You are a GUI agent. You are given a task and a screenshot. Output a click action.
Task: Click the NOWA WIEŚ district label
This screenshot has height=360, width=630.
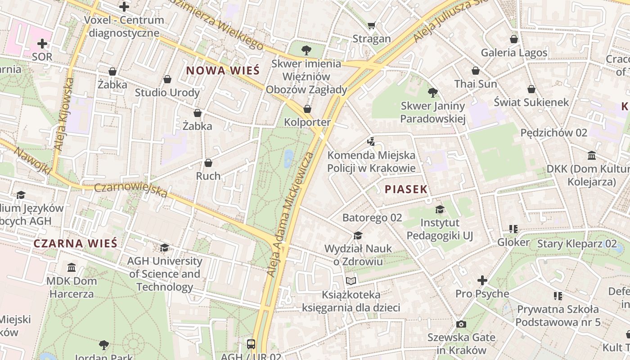coord(223,71)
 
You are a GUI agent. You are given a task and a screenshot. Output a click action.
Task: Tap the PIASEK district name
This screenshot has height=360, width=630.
coord(406,189)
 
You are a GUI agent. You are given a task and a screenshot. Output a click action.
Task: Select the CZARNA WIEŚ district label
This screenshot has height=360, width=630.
coord(75,243)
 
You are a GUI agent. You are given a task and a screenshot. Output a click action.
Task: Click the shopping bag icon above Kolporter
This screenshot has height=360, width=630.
coord(307,109)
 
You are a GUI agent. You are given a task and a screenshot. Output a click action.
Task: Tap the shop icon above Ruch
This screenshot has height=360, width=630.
coord(208,162)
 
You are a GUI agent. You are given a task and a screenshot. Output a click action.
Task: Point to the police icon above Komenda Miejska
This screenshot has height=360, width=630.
coord(371,142)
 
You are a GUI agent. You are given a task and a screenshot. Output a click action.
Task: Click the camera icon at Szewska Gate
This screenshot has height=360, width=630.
coord(461,324)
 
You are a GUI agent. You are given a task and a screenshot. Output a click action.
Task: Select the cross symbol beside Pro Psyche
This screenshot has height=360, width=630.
coord(482,280)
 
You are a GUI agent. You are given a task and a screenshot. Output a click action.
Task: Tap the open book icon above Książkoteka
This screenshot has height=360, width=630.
coord(351,281)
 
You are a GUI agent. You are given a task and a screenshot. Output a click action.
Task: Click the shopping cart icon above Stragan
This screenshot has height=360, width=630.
coord(372,25)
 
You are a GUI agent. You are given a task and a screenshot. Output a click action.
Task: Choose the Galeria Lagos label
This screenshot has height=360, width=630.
coord(514,53)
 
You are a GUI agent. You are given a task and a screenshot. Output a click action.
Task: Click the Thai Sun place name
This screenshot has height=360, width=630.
coord(476,84)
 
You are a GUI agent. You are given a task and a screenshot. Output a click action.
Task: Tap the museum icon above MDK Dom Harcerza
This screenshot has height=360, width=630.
coord(72,268)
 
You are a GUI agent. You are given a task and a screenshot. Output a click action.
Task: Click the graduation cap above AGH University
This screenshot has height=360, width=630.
coord(165,247)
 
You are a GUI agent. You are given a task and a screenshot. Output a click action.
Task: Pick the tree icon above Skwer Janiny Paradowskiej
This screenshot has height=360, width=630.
coord(433,93)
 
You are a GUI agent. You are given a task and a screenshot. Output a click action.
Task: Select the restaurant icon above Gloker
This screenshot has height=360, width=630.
coord(513,229)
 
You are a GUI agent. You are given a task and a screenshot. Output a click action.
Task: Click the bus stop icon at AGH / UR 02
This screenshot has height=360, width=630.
coord(251,344)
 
